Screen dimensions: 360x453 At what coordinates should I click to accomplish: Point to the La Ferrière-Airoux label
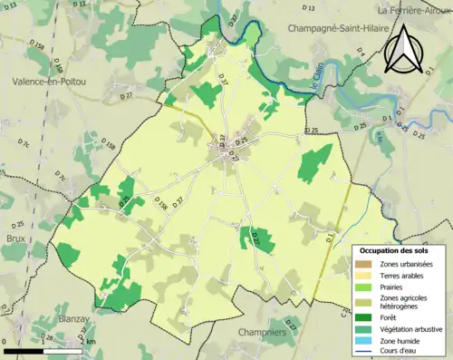click(x=414, y=10)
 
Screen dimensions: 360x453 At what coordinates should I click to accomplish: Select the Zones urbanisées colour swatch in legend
click(x=362, y=263)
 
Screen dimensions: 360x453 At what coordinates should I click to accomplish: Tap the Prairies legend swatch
click(x=362, y=286)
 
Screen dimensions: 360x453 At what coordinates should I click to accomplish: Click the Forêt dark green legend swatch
click(x=362, y=316)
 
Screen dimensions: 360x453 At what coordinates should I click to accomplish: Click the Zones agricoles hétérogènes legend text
click(x=402, y=301)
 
